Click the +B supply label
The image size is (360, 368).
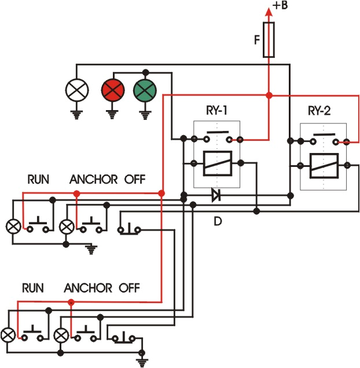pos(281,6)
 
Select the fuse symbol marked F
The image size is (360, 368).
pos(269,40)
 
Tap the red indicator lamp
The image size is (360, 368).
pos(112,90)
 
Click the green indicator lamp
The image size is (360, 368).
pos(145,90)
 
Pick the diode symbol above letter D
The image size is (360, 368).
pos(216,195)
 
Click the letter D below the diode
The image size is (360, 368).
pos(218,221)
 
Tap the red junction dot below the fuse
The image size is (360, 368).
pos(269,94)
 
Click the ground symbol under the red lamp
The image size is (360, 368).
pos(112,113)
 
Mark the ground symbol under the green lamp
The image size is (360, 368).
pos(145,113)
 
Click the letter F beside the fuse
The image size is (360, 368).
pos(256,39)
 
